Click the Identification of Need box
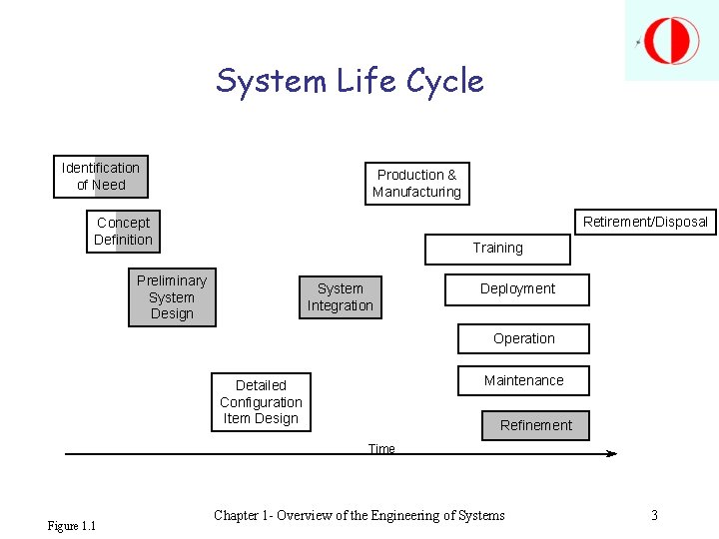[101, 177]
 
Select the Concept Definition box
[123, 232]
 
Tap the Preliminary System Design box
[172, 297]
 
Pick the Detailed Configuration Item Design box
[261, 402]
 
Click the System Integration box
[340, 297]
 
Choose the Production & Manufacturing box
[416, 184]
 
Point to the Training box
[497, 249]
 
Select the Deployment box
[517, 289]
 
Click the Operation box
[523, 339]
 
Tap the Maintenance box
[523, 380]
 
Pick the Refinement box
[536, 425]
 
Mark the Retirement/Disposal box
[645, 222]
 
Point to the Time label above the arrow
[381, 449]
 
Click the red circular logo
[671, 41]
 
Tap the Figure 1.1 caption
[72, 526]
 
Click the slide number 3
[654, 516]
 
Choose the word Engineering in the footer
[408, 516]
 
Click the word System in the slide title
[272, 81]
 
